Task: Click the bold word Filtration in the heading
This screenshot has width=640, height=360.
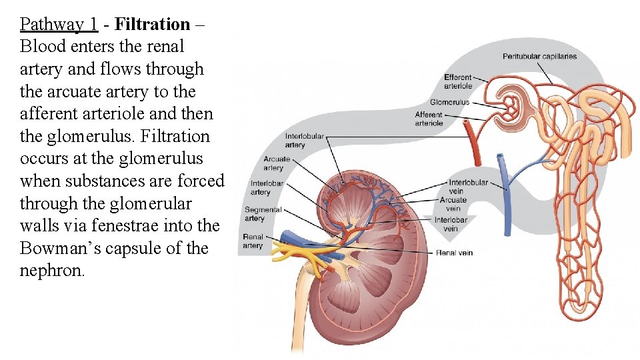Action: [152, 25]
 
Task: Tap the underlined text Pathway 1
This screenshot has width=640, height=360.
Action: [59, 25]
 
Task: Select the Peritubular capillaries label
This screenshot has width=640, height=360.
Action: [539, 57]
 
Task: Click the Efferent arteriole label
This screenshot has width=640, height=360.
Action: [458, 81]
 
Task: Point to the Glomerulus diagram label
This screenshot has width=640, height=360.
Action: [449, 102]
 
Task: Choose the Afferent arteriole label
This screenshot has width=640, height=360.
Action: [429, 119]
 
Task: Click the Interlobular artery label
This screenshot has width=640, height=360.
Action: [304, 141]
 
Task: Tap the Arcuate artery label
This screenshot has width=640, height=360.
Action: [277, 163]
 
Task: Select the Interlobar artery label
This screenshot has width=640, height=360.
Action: [267, 188]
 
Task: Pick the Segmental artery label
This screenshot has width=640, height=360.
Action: [263, 214]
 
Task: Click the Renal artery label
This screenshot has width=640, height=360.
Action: [253, 241]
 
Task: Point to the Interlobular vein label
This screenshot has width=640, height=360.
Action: [468, 187]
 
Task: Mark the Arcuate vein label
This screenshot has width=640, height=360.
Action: [453, 203]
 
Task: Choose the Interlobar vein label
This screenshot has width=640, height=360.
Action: [451, 224]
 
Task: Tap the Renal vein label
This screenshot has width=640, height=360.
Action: [455, 253]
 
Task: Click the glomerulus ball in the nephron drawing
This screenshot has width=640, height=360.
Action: [512, 103]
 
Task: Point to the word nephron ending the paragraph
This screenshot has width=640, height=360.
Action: [52, 271]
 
